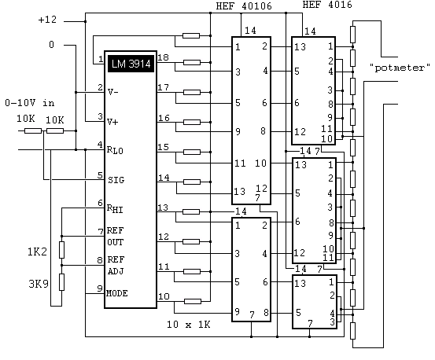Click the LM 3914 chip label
[x=131, y=64]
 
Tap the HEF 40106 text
[x=244, y=6]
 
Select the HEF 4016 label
[x=327, y=5]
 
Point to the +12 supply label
[x=47, y=20]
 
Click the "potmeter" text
[x=400, y=68]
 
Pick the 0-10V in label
[x=30, y=103]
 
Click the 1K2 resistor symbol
[x=61, y=250]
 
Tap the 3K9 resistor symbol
[x=61, y=282]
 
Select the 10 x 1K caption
[x=188, y=324]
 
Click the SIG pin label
[x=116, y=180]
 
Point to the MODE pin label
[x=116, y=293]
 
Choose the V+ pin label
[x=112, y=122]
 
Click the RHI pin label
[x=115, y=208]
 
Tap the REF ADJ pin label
[x=116, y=265]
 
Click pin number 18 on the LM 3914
[x=163, y=57]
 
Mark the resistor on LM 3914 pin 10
[x=193, y=301]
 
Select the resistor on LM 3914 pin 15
[x=192, y=152]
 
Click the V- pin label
[x=112, y=92]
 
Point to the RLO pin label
[x=115, y=150]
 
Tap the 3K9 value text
[x=39, y=284]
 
